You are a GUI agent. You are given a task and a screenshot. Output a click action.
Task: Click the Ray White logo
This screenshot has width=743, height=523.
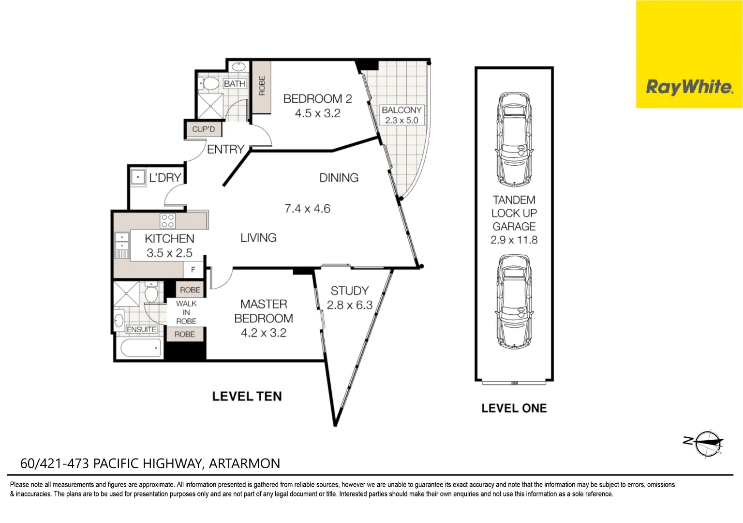(x=689, y=54)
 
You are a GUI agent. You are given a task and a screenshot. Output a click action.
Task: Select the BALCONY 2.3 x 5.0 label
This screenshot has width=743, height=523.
(x=401, y=115)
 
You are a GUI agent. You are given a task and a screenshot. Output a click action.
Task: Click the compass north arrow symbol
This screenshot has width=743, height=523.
(x=703, y=443)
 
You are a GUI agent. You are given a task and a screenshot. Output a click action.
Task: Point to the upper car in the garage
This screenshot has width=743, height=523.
(x=514, y=139)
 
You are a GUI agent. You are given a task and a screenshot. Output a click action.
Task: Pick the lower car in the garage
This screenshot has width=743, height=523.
(x=514, y=302)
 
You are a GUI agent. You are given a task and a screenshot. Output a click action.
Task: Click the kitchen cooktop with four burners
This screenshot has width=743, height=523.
(x=167, y=221)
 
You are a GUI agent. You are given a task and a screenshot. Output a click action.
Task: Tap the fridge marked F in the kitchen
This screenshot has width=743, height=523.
(x=193, y=270)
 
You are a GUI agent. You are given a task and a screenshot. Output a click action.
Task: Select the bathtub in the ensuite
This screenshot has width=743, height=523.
(x=141, y=348)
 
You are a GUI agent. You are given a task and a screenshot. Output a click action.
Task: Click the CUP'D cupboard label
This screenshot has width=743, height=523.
(x=203, y=129)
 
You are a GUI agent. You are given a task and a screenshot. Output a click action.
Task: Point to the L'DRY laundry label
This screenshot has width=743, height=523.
(x=165, y=178)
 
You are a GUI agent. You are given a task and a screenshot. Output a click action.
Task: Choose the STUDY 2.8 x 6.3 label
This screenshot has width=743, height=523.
(x=350, y=298)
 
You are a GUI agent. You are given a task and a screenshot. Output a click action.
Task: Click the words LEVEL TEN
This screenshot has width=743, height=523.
(x=247, y=396)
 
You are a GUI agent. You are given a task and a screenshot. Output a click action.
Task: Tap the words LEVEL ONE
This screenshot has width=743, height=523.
(x=514, y=408)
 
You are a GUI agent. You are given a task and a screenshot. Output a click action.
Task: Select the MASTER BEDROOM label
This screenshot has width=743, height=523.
(x=264, y=311)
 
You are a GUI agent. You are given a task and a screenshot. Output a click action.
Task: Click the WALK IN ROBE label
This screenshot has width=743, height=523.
(x=186, y=312)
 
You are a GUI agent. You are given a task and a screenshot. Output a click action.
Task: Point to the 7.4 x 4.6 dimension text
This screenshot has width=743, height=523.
(x=308, y=209)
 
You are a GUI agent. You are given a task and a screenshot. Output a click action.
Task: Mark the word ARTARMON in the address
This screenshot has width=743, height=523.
(x=244, y=463)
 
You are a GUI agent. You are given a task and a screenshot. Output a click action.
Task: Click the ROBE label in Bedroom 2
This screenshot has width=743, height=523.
(x=262, y=86)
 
